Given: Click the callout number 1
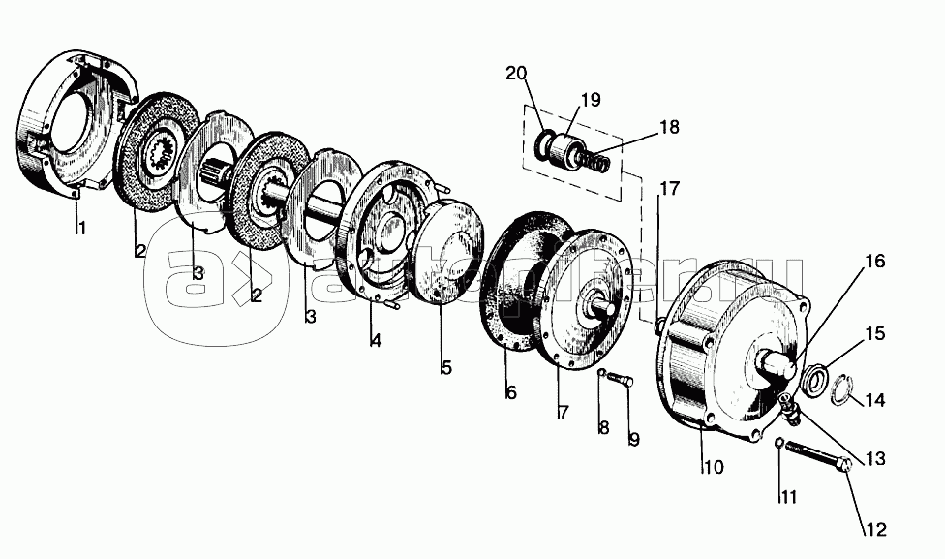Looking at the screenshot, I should (82, 230).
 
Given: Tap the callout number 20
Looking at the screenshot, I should (515, 73).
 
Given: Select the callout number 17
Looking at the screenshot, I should (670, 189).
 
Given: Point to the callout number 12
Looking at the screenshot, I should (874, 530).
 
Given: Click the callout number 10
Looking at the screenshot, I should (713, 467).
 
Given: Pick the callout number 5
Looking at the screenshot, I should (446, 368).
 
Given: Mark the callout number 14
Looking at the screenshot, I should (874, 399).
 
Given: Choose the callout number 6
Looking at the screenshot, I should (510, 392).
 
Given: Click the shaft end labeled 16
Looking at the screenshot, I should (778, 367).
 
